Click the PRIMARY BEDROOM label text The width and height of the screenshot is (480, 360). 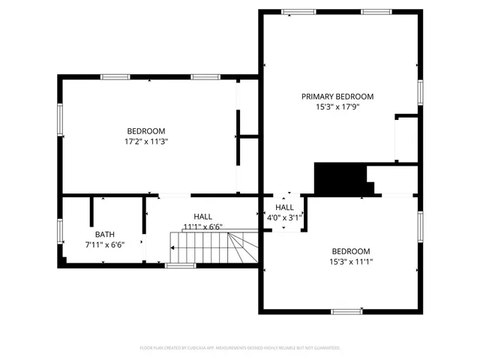coord(337,96)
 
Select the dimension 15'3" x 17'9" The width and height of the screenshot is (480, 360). coord(337,107)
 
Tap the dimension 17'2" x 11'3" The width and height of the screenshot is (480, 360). coord(145,141)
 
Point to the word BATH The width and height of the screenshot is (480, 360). coord(104,234)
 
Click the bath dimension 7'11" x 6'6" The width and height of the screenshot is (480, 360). coord(104,244)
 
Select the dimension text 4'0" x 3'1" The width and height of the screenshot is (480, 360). coord(284,218)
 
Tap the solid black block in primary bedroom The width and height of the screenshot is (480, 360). coord(337,178)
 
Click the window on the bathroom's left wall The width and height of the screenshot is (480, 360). coord(60,231)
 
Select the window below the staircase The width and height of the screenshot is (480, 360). coord(181,265)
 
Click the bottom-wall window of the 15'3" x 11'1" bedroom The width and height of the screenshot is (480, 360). coord(347,311)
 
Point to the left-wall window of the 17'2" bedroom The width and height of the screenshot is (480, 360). coord(60,121)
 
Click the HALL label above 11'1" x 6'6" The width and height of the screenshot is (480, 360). coord(202,216)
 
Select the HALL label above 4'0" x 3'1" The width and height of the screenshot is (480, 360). coord(284,207)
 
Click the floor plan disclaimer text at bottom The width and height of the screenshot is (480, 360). coord(240,348)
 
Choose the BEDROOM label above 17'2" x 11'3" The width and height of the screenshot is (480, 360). coord(145,130)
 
